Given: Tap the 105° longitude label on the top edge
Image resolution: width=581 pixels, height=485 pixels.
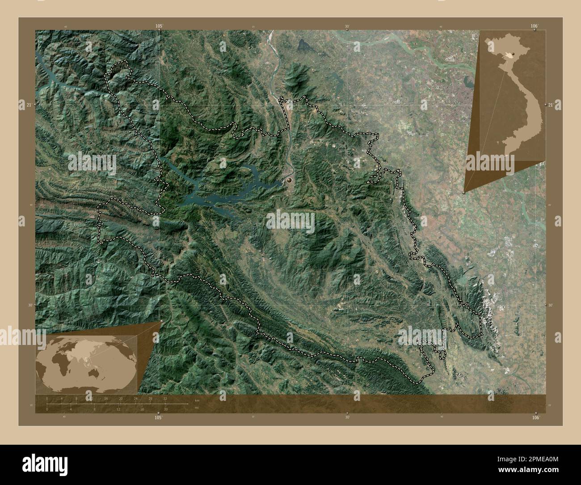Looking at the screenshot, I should click(x=159, y=26).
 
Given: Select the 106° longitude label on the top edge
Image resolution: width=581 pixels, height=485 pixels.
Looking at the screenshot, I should click(x=535, y=26).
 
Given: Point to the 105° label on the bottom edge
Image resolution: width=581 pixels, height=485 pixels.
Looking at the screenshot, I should click(x=158, y=417).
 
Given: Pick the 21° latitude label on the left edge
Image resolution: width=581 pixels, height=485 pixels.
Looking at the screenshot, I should click(x=29, y=105).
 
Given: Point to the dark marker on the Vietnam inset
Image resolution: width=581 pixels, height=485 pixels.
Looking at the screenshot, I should click(x=514, y=54).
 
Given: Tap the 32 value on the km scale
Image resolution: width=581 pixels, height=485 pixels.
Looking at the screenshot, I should click(x=165, y=398).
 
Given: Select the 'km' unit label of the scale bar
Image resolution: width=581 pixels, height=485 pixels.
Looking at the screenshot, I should click(x=197, y=400).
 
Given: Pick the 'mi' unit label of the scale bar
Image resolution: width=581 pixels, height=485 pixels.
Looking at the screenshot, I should click(x=197, y=408).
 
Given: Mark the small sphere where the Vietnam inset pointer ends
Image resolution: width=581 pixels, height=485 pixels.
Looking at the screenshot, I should click(x=464, y=193).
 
